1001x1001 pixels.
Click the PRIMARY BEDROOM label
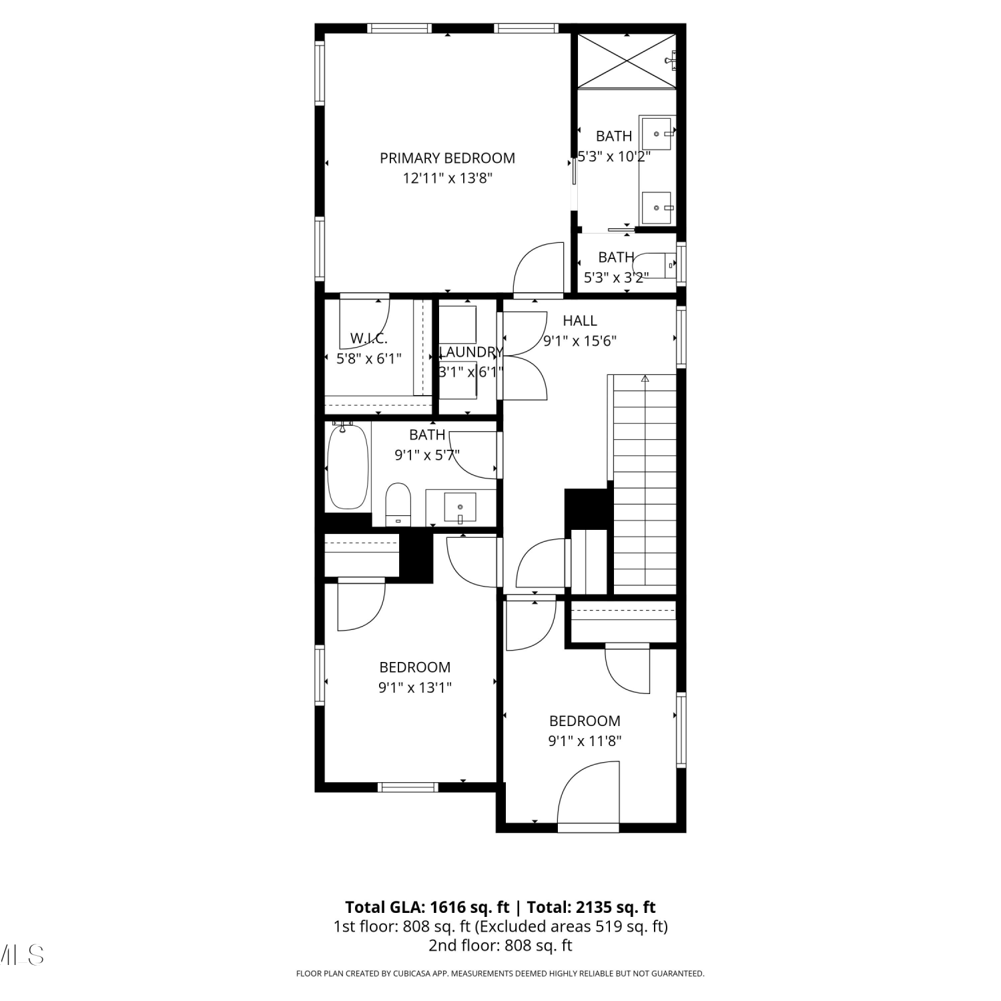447,158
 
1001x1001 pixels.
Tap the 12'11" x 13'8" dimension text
447,178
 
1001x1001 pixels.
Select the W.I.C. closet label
368,338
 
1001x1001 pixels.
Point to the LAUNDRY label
470,352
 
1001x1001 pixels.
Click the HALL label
579,320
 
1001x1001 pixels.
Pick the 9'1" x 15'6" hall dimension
579,341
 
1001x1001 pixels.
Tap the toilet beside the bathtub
398,505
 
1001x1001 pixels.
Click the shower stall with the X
627,61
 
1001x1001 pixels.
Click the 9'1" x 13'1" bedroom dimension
414,687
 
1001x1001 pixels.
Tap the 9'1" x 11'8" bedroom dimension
585,741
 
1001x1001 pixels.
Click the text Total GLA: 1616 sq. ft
427,907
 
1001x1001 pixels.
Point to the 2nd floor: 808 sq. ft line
500,945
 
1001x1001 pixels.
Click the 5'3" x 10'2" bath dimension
613,156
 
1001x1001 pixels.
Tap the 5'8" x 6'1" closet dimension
368,358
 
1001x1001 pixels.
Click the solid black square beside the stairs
588,509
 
